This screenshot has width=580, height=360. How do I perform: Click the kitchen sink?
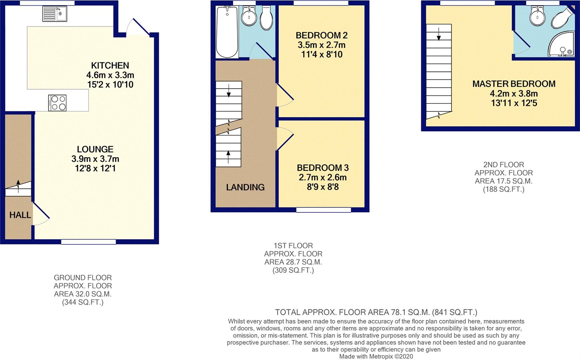click(x=55, y=14)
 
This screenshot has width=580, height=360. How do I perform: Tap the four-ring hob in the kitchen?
click(x=57, y=103)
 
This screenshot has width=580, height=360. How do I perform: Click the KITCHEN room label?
click(x=110, y=65)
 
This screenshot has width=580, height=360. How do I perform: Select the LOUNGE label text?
click(x=95, y=149)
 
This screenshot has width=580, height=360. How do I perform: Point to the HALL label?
click(x=20, y=215)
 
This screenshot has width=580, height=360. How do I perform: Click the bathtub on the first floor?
click(x=227, y=32)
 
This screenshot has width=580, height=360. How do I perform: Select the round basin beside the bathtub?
click(x=248, y=16)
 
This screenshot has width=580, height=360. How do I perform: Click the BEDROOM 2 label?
click(x=322, y=35)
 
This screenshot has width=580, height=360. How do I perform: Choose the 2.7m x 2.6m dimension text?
click(x=322, y=177)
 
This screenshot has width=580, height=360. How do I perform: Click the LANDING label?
click(x=246, y=187)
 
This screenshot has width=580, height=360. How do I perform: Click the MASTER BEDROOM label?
click(x=514, y=84)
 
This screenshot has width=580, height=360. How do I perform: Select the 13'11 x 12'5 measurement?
click(x=514, y=103)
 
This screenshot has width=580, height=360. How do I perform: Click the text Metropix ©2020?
click(x=391, y=356)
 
